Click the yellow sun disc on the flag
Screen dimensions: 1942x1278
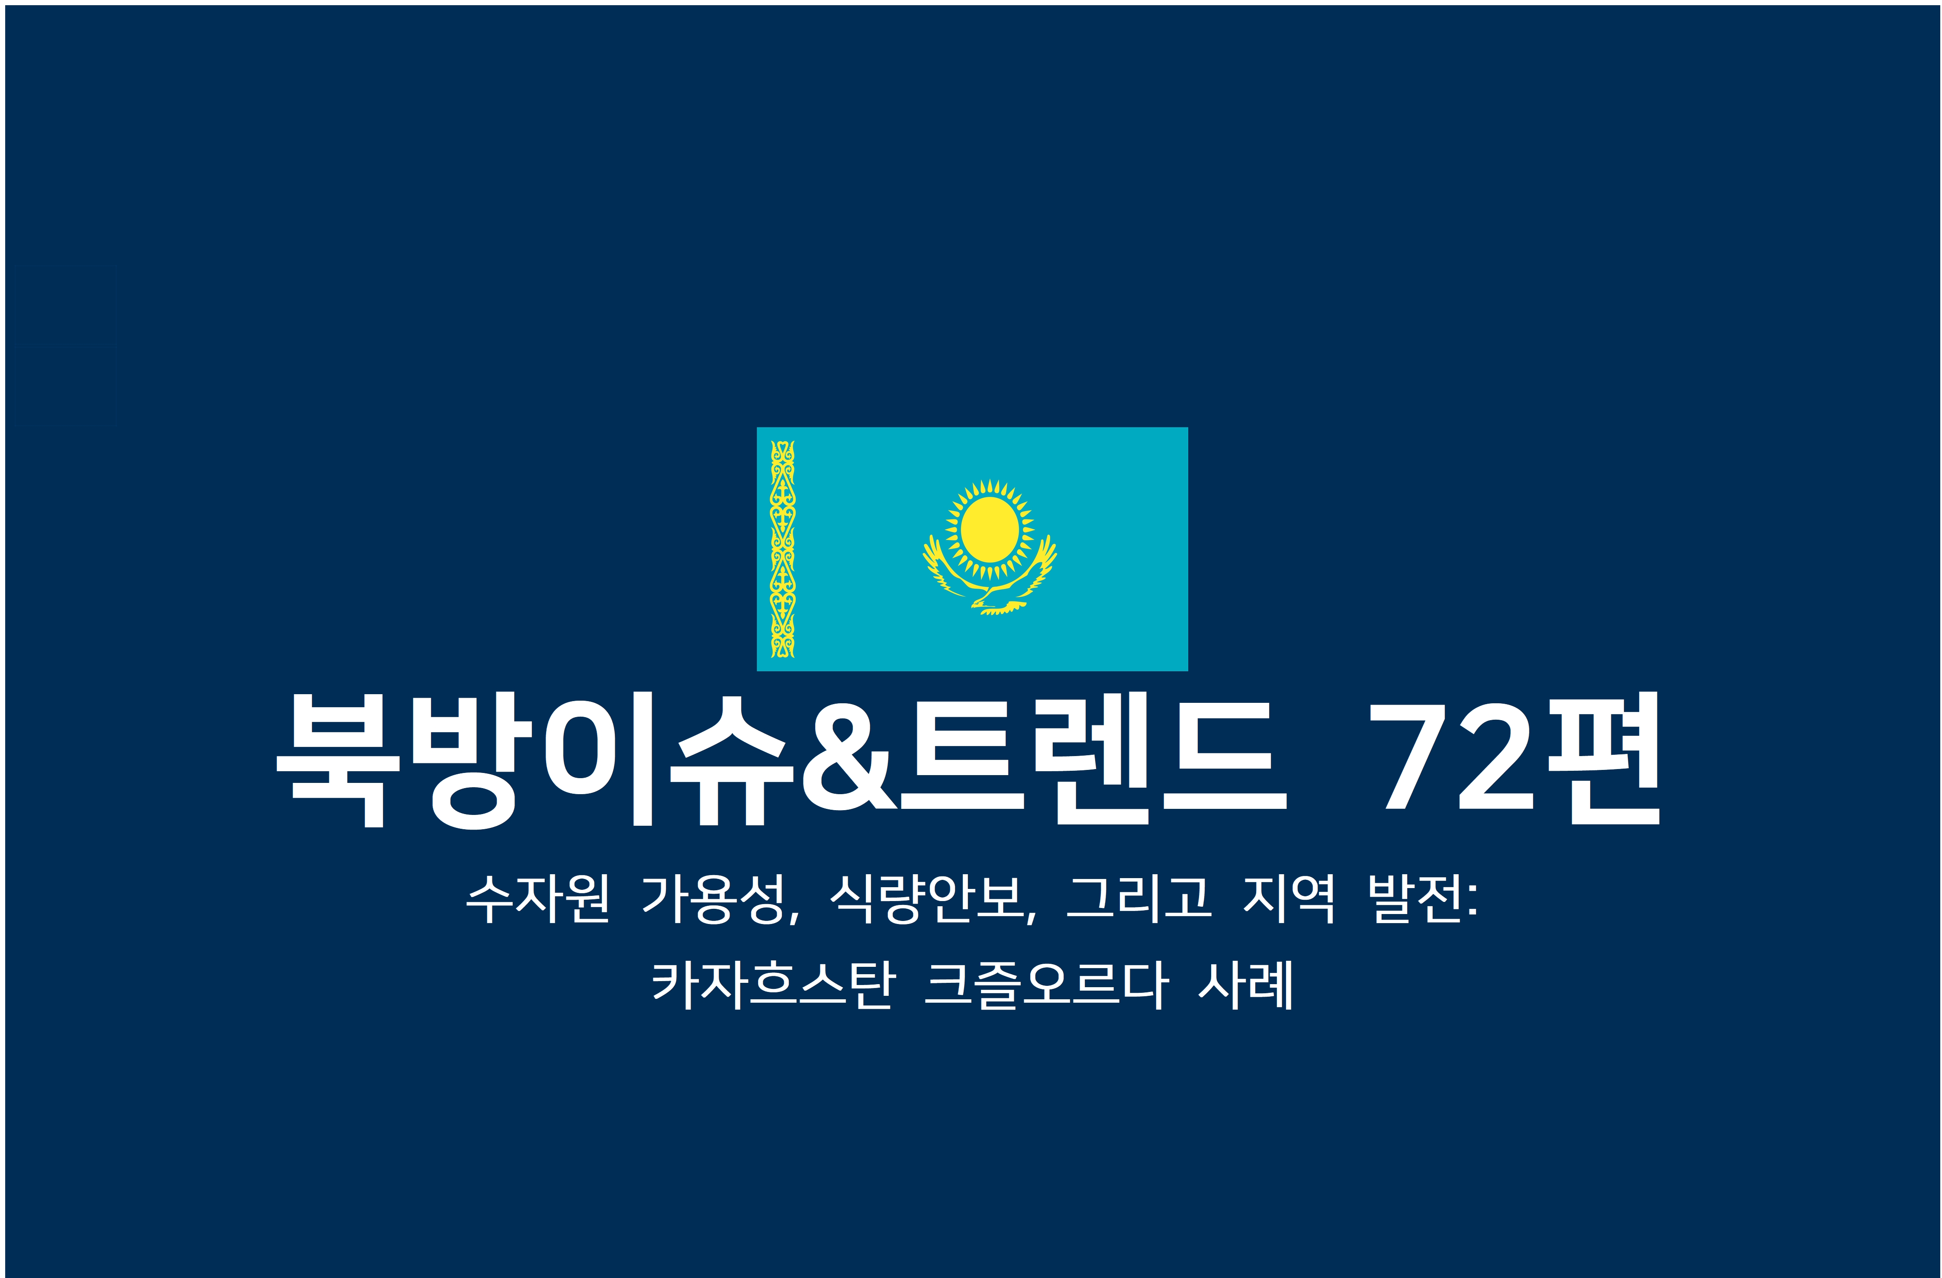coord(989,530)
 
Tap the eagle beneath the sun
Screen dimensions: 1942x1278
coord(990,581)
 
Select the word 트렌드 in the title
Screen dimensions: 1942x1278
coord(1093,758)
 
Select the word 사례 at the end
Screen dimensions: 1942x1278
coord(1245,985)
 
